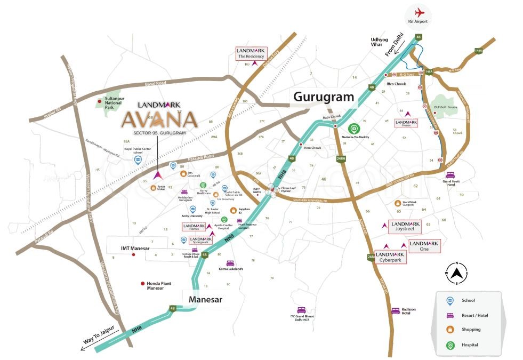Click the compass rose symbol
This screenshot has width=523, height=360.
(x=456, y=273)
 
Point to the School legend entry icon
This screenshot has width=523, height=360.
(x=450, y=301)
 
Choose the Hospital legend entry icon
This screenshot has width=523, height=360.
(x=450, y=346)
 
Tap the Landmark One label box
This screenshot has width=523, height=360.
(x=424, y=246)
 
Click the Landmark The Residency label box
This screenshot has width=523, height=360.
(x=251, y=53)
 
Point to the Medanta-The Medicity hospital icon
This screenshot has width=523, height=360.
(x=353, y=128)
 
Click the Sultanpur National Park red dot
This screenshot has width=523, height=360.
(x=99, y=101)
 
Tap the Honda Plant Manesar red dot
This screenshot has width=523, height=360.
(x=142, y=284)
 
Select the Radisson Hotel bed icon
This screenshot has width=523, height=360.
(x=395, y=310)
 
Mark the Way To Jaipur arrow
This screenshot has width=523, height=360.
(x=88, y=347)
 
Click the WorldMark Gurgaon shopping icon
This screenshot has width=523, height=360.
(x=397, y=203)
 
